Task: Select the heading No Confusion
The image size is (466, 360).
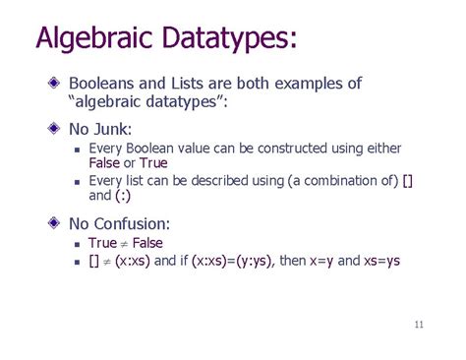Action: (126, 223)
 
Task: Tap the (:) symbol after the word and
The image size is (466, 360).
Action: (127, 197)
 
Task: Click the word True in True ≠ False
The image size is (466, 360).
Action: (103, 243)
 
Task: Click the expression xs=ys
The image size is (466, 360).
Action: (379, 261)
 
